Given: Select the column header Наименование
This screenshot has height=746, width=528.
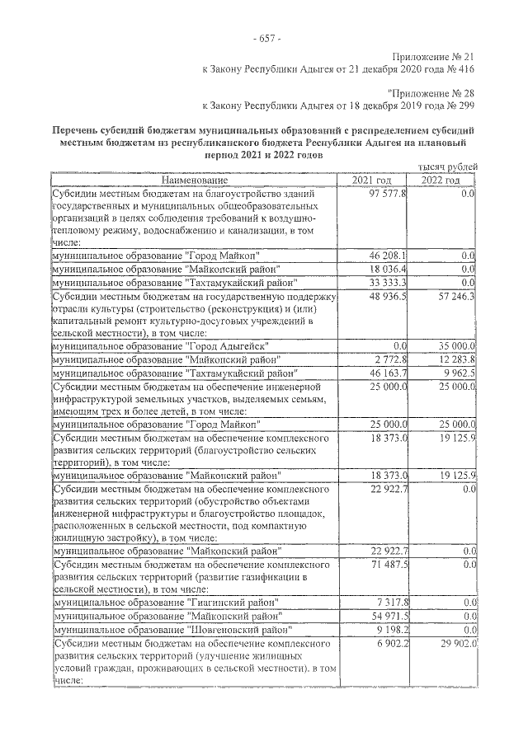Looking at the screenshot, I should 194,180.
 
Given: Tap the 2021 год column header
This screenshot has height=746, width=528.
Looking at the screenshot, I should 373,180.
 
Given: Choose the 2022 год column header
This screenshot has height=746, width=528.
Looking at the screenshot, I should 441,180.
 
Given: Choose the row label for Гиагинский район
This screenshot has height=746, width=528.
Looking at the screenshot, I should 164,602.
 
